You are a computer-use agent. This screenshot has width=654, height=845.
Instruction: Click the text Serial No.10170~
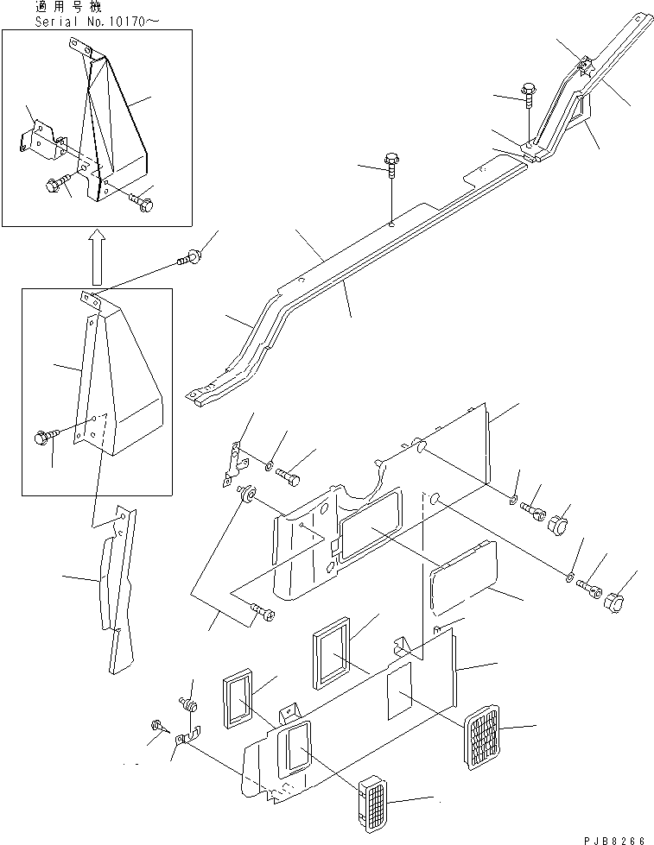point(79,21)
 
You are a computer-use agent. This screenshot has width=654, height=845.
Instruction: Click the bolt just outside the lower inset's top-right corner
point(188,256)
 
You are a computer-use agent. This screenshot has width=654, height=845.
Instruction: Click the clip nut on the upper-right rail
point(585,66)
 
